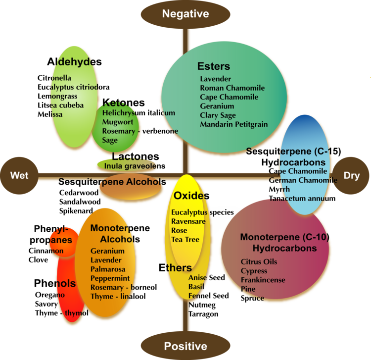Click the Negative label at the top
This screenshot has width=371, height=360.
click(185, 14)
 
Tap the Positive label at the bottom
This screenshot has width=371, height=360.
click(185, 346)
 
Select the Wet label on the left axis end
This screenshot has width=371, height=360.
click(19, 175)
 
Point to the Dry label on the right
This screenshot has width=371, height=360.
click(352, 175)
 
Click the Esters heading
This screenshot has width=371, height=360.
click(214, 66)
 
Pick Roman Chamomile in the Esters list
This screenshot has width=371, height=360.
click(232, 88)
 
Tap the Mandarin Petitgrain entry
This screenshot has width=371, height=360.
click(233, 124)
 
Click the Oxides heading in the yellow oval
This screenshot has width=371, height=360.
click(191, 196)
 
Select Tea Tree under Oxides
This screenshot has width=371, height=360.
click(185, 239)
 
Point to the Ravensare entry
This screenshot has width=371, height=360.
click(188, 221)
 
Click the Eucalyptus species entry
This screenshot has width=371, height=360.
click(202, 212)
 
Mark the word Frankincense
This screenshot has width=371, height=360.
click(263, 280)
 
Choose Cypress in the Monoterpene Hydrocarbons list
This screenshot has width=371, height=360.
click(254, 271)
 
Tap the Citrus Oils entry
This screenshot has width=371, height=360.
click(259, 261)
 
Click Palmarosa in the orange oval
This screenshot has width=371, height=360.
click(106, 269)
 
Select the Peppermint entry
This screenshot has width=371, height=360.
click(110, 278)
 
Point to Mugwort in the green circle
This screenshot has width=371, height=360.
click(116, 122)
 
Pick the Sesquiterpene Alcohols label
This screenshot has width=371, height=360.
click(111, 182)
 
